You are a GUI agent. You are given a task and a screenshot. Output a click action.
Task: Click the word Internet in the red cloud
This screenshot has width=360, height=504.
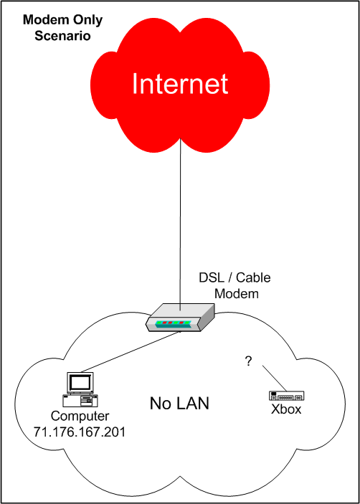pyautogui.click(x=180, y=83)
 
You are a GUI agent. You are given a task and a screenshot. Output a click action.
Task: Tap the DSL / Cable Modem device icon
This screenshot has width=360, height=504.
pyautogui.click(x=180, y=318)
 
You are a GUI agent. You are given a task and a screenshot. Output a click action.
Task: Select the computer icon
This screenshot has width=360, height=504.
pyautogui.click(x=80, y=389)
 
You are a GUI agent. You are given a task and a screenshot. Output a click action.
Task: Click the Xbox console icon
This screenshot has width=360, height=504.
pyautogui.click(x=286, y=396)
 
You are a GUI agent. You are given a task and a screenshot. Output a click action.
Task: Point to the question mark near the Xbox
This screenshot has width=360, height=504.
pyautogui.click(x=248, y=361)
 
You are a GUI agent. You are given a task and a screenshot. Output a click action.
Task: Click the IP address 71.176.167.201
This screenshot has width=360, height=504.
pyautogui.click(x=80, y=432)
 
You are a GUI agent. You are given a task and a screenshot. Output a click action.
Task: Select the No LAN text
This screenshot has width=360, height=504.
pyautogui.click(x=179, y=404)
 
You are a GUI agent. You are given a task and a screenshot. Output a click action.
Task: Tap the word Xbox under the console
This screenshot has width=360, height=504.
pyautogui.click(x=286, y=409)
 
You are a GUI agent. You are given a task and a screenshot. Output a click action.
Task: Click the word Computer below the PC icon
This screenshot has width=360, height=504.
pyautogui.click(x=80, y=417)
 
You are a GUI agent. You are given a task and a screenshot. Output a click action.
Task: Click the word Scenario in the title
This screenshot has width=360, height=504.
pyautogui.click(x=62, y=36)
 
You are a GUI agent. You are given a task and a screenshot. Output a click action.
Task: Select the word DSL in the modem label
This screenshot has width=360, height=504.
pyautogui.click(x=210, y=277)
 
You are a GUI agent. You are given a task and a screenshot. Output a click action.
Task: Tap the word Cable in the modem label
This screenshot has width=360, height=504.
pyautogui.click(x=253, y=277)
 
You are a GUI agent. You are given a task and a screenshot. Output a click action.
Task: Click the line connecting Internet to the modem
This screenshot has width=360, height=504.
pyautogui.click(x=180, y=224)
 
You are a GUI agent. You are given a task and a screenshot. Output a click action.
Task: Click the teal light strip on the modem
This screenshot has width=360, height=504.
pyautogui.click(x=174, y=323)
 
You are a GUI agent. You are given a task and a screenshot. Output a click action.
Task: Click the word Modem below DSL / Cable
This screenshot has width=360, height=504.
pyautogui.click(x=237, y=293)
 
